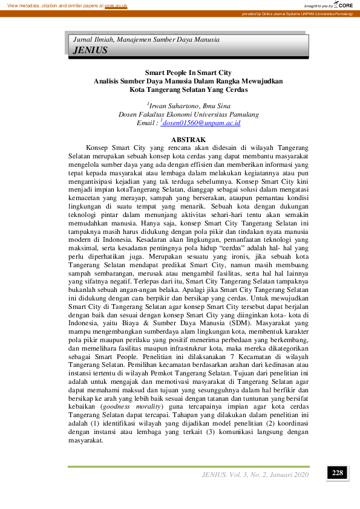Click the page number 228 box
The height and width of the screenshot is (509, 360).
coord(337,473)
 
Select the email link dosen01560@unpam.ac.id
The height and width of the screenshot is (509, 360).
coord(202,123)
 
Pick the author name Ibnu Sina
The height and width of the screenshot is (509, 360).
coord(218,106)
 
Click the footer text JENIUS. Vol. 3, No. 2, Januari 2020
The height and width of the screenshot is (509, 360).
coord(255,474)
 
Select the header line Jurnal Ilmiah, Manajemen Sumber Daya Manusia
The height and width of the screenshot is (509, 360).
coord(146,39)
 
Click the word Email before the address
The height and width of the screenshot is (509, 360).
coord(147,123)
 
